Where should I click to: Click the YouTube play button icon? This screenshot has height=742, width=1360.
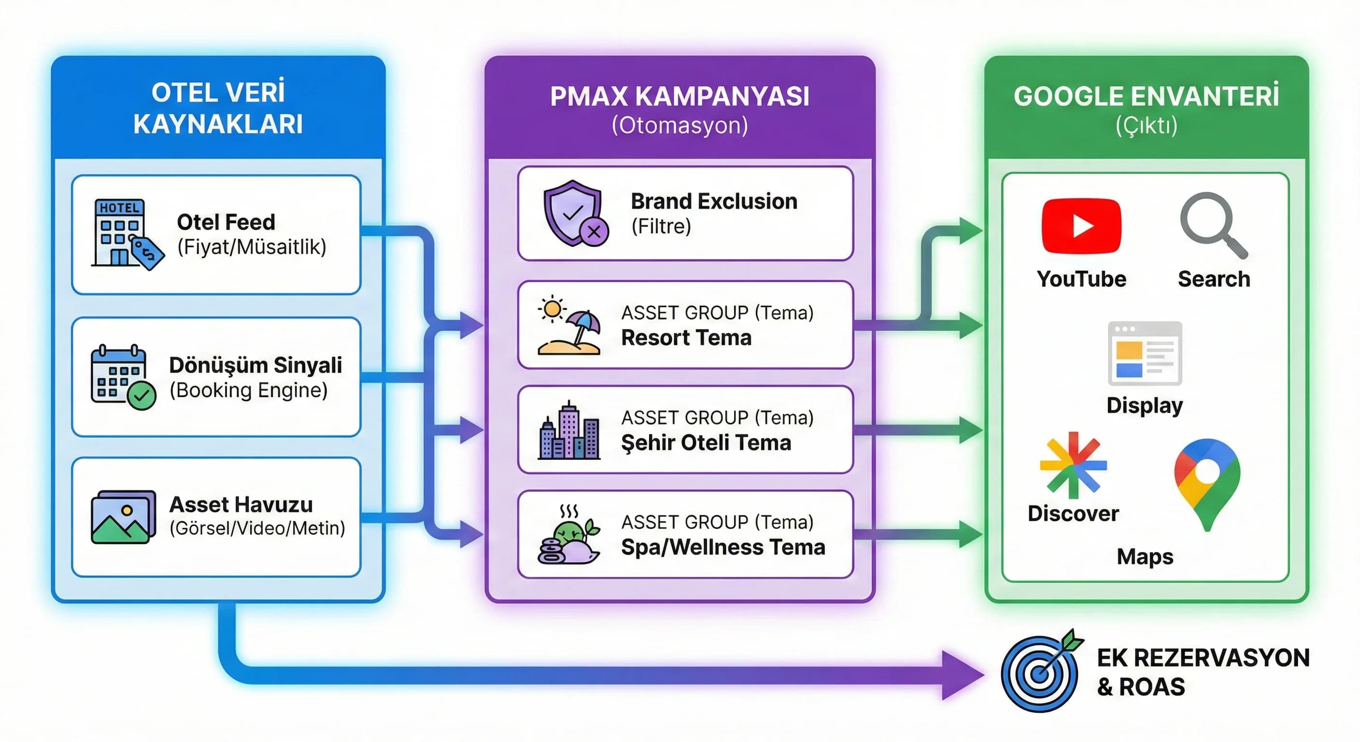pyautogui.click(x=1081, y=226)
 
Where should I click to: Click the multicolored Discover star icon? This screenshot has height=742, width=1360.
pyautogui.click(x=1073, y=465)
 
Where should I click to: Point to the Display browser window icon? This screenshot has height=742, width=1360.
pyautogui.click(x=1145, y=353)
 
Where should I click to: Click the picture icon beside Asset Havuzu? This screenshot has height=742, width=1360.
pyautogui.click(x=123, y=516)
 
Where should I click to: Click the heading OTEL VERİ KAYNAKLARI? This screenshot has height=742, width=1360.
pyautogui.click(x=218, y=108)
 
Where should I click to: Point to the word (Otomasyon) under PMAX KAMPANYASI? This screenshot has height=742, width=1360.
pyautogui.click(x=680, y=126)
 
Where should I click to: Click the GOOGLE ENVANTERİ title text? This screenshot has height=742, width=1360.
pyautogui.click(x=1146, y=96)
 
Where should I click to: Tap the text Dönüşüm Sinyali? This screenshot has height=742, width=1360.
pyautogui.click(x=255, y=365)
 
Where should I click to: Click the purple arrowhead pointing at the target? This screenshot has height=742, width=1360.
pyautogui.click(x=961, y=674)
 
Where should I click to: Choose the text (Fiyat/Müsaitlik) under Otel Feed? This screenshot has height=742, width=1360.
pyautogui.click(x=252, y=247)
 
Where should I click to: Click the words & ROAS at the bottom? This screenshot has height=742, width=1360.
pyautogui.click(x=1141, y=687)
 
